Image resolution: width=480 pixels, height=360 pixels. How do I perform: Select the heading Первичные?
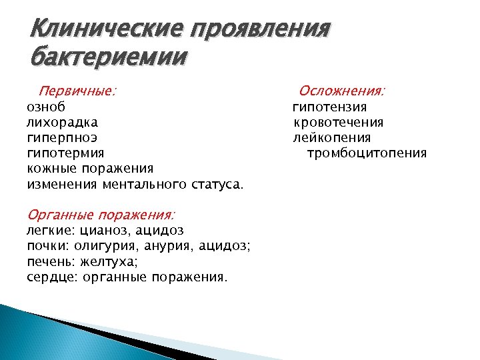coord(77,91)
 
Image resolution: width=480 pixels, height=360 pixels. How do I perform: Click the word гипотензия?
coord(330,107)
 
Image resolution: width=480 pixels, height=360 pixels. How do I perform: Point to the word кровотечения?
coord(339,122)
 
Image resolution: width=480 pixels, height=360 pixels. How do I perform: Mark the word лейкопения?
coord(332,138)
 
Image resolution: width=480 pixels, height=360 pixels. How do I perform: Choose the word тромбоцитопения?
coord(367,153)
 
